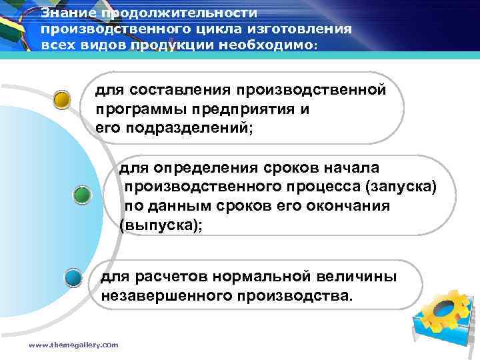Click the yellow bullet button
(x=63, y=100)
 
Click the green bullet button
(x=82, y=195)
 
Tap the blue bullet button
(x=73, y=277)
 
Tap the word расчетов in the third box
(x=167, y=276)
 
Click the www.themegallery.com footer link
(x=73, y=345)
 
